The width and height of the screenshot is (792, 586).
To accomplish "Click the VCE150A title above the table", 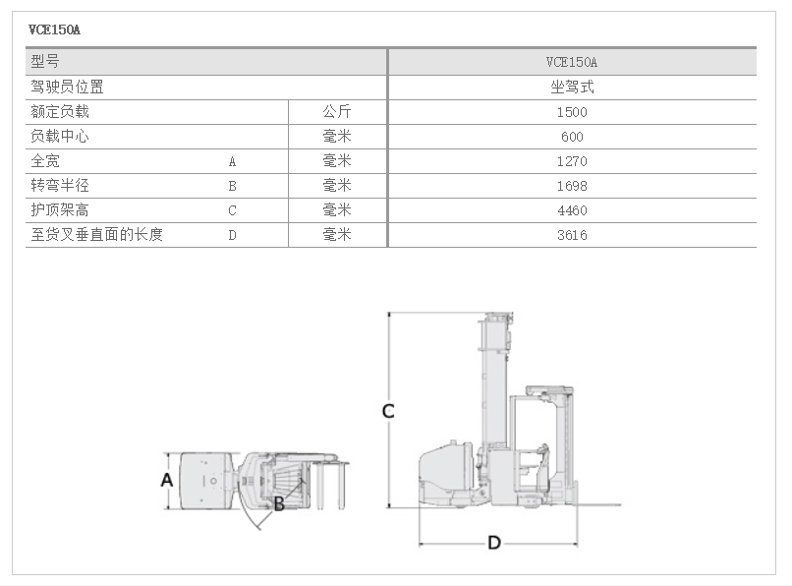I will (x=55, y=29).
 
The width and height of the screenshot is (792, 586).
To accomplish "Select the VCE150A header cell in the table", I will (x=572, y=62).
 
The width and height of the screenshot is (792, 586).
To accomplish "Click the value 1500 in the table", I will (x=572, y=112).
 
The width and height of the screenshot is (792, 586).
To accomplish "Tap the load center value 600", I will (x=572, y=137).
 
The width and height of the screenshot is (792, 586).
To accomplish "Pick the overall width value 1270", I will (x=572, y=161).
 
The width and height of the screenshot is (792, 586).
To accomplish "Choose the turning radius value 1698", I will (x=572, y=186).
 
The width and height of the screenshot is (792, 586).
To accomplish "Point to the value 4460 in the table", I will (x=572, y=210).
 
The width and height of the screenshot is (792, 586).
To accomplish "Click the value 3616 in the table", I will (x=572, y=235).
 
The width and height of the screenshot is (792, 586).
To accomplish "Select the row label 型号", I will (x=45, y=62).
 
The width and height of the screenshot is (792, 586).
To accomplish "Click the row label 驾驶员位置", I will (x=67, y=88).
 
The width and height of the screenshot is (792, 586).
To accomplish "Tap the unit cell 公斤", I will (x=337, y=112).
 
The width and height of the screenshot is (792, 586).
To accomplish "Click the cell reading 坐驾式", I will (x=572, y=88).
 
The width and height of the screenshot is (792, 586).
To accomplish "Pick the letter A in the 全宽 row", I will (x=233, y=161).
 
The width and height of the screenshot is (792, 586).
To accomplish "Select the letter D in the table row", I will (x=233, y=235).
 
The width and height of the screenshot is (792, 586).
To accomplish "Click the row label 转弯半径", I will (x=60, y=186).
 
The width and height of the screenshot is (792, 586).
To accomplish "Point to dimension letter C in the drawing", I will (x=388, y=411).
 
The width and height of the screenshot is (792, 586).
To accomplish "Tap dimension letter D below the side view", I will (x=494, y=543).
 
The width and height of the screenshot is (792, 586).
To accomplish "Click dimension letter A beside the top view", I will (x=167, y=480).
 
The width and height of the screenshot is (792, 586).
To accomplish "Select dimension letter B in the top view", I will (x=279, y=503).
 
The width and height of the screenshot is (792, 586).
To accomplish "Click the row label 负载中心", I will (x=60, y=137).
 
